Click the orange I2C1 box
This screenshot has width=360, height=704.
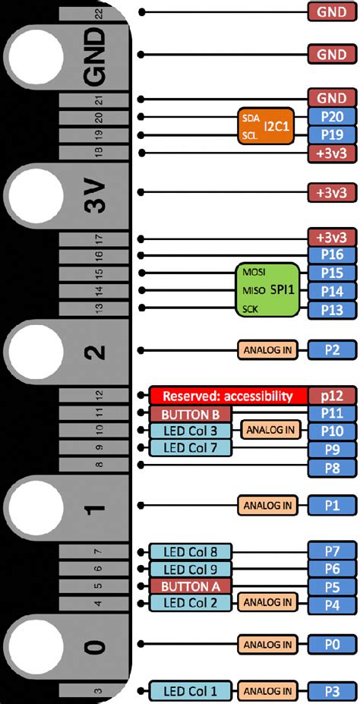pos(265,126)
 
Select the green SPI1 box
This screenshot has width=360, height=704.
pos(267,291)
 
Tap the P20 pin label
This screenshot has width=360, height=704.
pos(331,117)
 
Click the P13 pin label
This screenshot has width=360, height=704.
pos(331,310)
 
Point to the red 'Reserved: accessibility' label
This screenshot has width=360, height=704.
pos(228,396)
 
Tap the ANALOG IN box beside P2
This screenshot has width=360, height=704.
pos(267,350)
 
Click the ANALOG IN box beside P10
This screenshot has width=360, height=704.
pos(268,431)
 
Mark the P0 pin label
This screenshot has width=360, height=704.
pos(331,645)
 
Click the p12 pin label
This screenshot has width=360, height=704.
pos(331,396)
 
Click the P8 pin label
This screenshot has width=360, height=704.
pos(331,466)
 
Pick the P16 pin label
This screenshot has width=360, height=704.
pos(331,254)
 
